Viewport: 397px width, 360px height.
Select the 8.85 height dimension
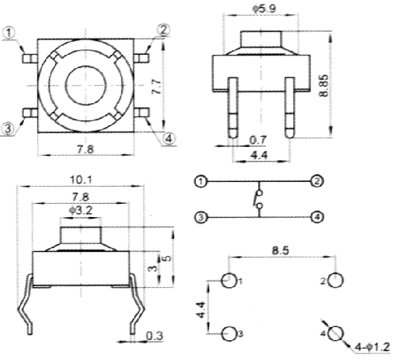(323, 84)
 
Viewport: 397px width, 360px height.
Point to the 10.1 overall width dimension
(81, 180)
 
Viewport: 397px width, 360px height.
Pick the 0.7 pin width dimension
(259, 140)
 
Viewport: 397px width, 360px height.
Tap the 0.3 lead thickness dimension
(154, 336)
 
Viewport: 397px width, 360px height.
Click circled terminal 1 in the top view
(10, 32)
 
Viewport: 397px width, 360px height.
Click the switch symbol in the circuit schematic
(257, 199)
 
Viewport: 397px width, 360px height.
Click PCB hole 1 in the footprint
(228, 281)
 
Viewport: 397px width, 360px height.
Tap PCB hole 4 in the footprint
(335, 333)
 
